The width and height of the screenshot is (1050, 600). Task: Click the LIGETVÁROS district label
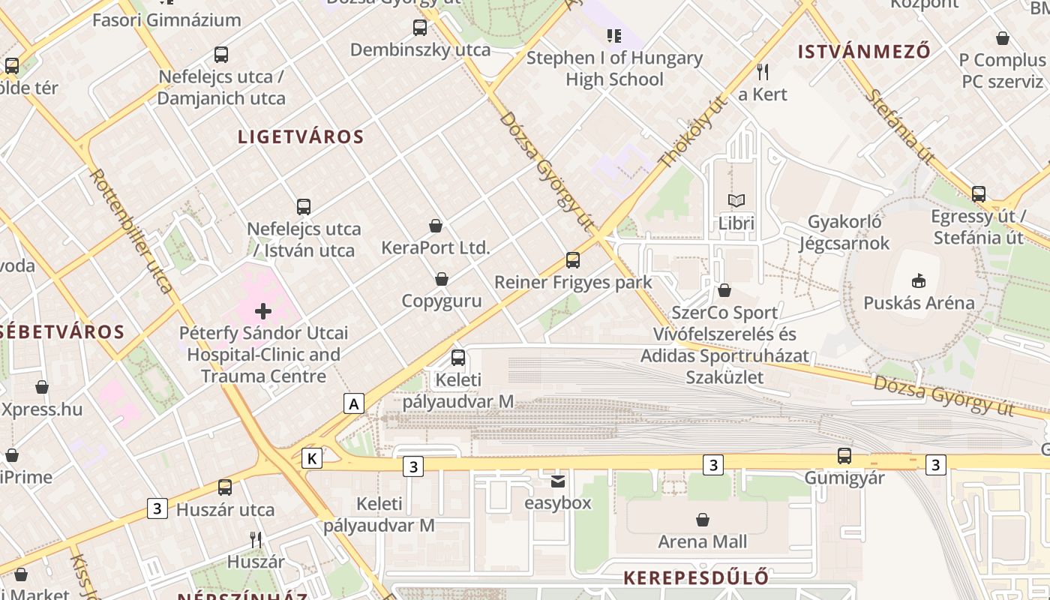click(301, 137)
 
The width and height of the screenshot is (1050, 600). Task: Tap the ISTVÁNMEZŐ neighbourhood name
click(864, 52)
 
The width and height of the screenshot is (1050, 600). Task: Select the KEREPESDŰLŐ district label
click(696, 578)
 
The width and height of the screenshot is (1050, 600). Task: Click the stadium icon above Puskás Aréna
click(919, 281)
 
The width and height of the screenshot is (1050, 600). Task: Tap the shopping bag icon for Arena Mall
click(703, 520)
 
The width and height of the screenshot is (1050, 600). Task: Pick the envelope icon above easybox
click(558, 481)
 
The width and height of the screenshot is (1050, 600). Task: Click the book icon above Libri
click(736, 201)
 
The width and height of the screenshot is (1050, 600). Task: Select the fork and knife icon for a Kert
click(763, 72)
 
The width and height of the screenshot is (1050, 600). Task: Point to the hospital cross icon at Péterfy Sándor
click(263, 310)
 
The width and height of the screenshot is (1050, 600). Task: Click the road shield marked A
click(354, 404)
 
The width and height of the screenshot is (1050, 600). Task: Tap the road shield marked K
click(312, 458)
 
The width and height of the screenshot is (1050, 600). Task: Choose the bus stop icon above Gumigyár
click(844, 456)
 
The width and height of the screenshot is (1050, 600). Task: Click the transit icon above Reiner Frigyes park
click(573, 260)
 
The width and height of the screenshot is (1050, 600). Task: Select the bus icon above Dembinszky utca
click(420, 28)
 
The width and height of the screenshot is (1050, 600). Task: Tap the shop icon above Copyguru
click(442, 279)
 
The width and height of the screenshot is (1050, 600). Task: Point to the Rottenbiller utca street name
click(132, 229)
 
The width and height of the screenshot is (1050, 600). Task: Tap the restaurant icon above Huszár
click(256, 539)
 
